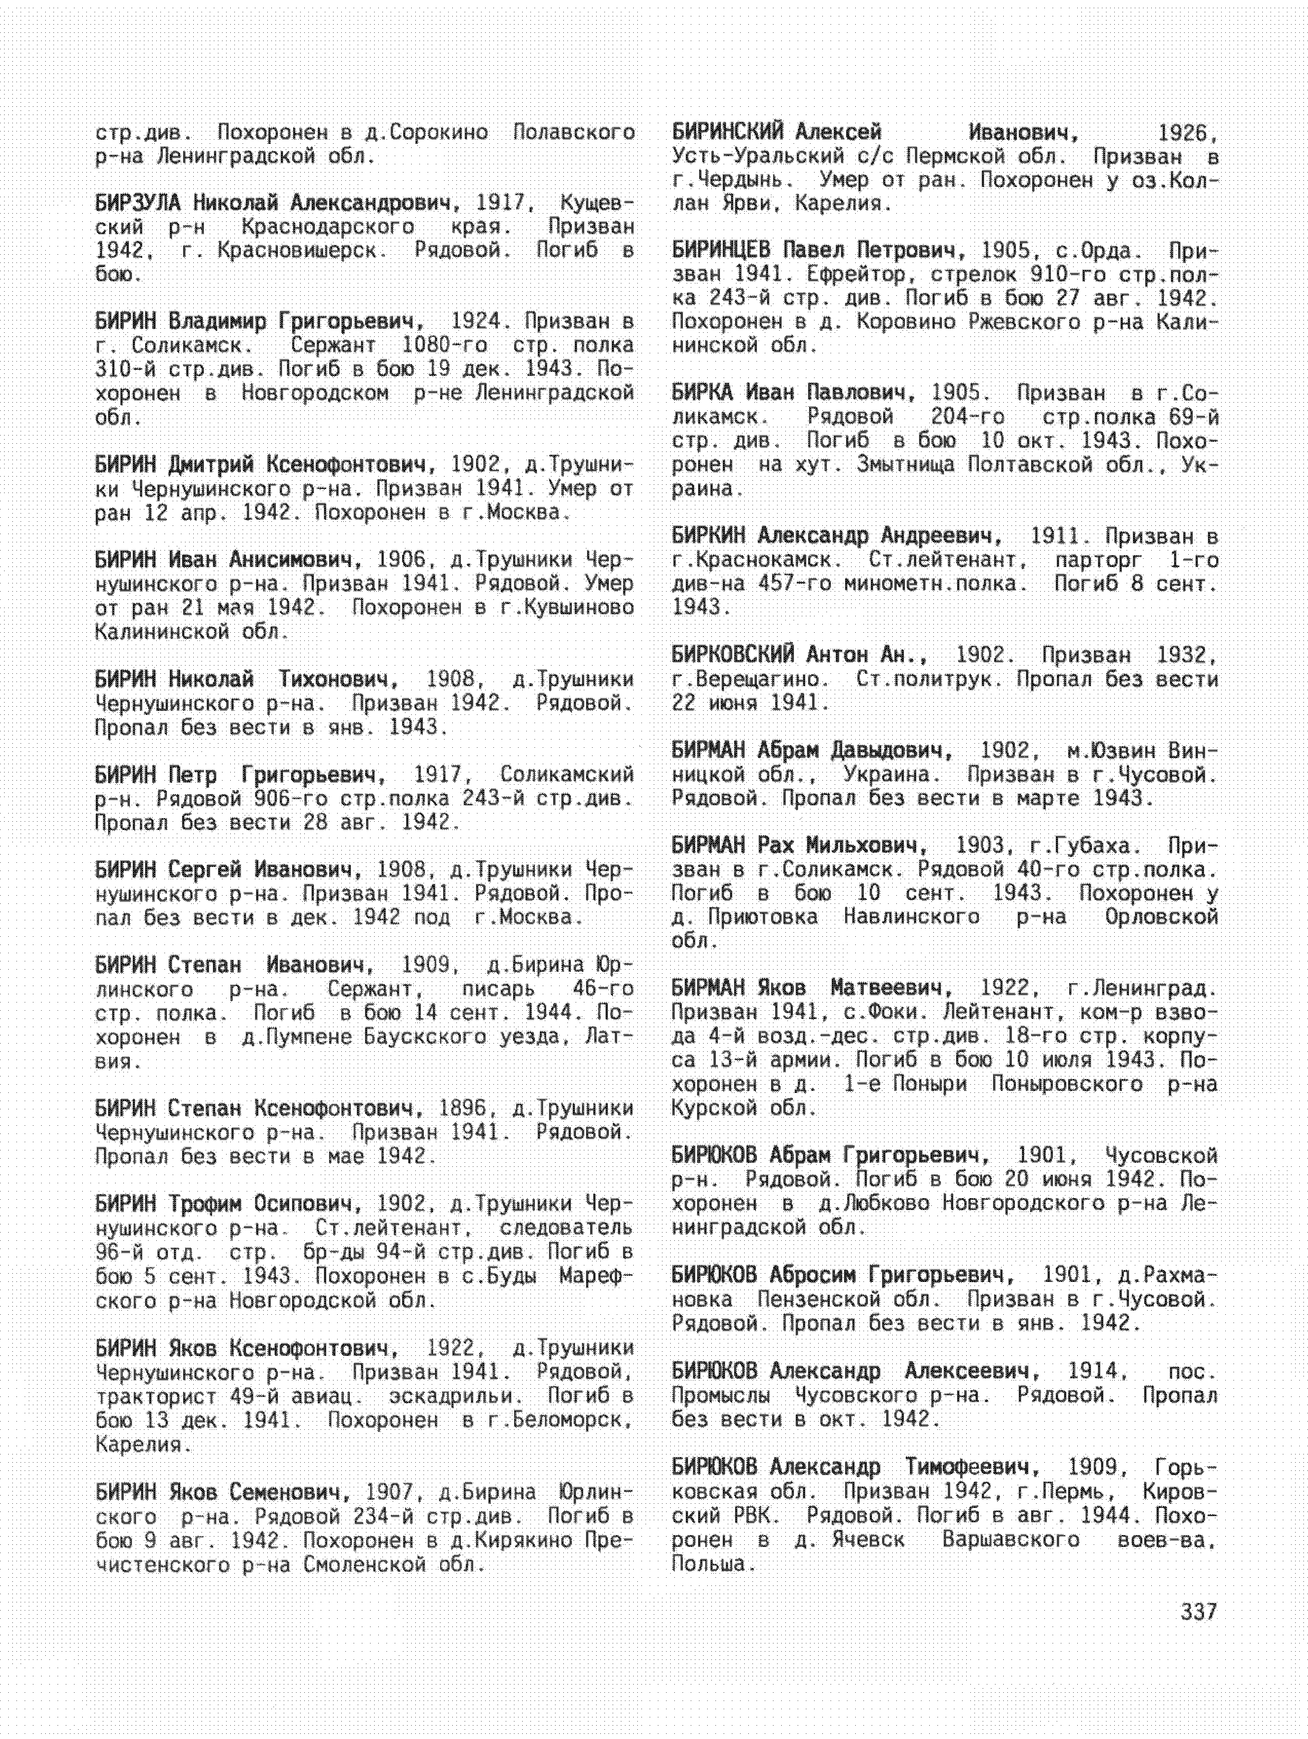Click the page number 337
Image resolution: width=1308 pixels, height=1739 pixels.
pyautogui.click(x=1198, y=1612)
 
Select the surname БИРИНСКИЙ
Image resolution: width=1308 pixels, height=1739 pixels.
pyautogui.click(x=728, y=132)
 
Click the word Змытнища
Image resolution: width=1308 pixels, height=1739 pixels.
pyautogui.click(x=901, y=465)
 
